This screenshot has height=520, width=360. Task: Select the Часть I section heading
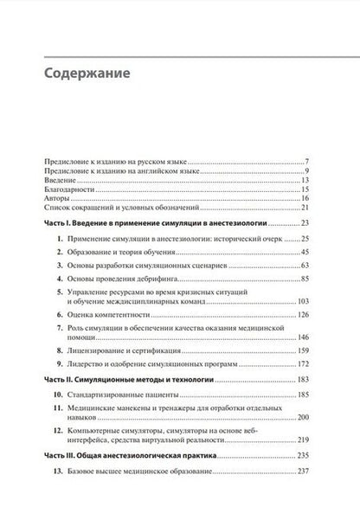click(147, 223)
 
